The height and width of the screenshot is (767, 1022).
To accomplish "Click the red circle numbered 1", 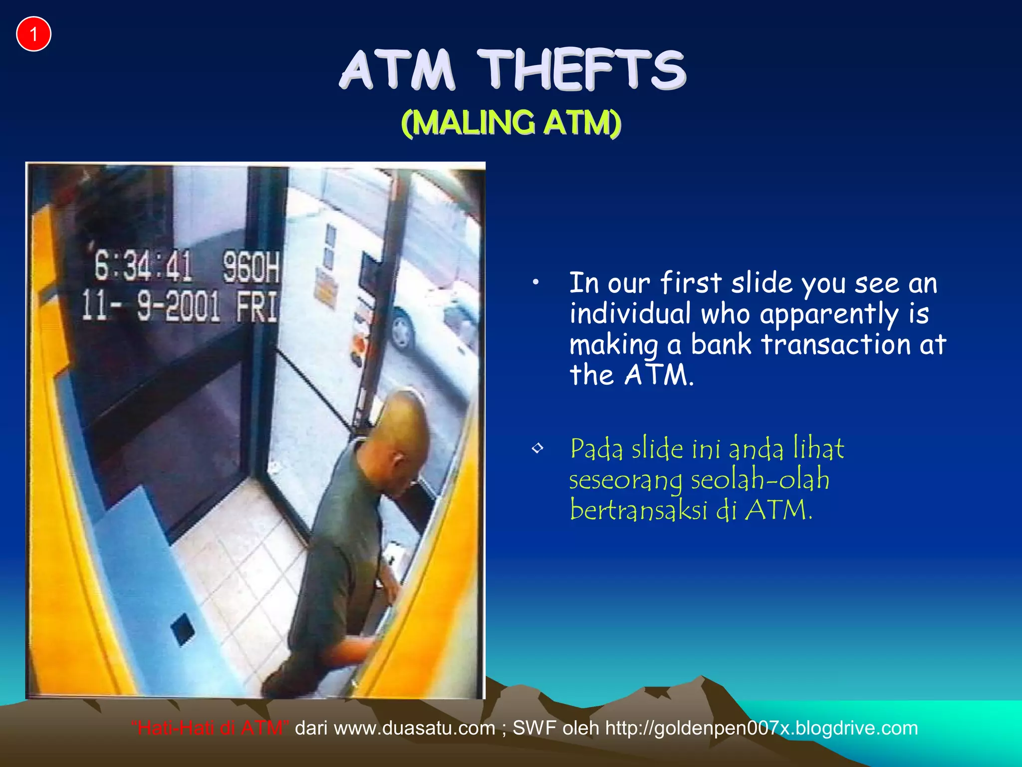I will (x=33, y=34).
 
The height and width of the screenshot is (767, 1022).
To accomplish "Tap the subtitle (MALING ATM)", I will (x=511, y=123).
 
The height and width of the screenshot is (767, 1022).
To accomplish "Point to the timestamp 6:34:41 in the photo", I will (x=143, y=266).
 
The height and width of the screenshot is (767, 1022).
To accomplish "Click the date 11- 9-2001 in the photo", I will (x=151, y=306).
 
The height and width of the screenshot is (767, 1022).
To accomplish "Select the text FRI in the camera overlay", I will (x=256, y=307).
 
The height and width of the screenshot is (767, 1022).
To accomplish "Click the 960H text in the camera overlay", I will (x=251, y=267).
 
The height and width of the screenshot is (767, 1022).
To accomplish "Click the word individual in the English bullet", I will (x=630, y=314).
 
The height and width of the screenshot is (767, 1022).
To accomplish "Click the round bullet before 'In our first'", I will (x=535, y=283).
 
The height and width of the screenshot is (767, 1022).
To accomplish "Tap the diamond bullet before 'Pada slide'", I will (x=537, y=448).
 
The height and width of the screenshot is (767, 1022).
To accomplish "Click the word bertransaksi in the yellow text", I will (x=639, y=510).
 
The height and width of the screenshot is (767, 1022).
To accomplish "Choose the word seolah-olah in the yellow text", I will (x=760, y=479).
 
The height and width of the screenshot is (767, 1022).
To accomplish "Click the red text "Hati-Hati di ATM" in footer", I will (x=210, y=728).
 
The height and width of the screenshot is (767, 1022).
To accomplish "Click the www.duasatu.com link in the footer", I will (x=414, y=728).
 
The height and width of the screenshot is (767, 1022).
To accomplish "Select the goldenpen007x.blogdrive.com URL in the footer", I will (x=762, y=728).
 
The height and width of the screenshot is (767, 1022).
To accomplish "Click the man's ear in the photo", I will (x=398, y=460).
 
